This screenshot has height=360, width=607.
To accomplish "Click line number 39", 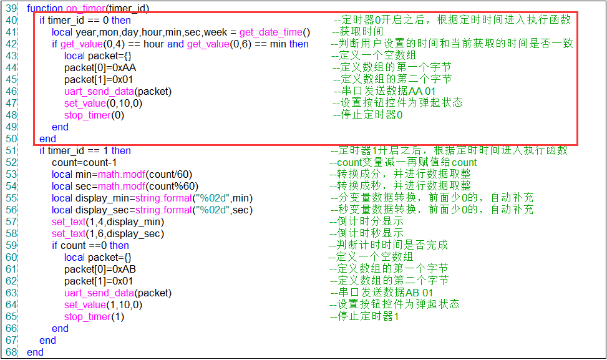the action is (x=11, y=8).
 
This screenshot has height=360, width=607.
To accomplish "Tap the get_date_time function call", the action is (x=275, y=32).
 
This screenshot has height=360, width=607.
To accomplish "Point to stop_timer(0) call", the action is (x=94, y=115).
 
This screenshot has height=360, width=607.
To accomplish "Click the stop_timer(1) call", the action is (x=94, y=317).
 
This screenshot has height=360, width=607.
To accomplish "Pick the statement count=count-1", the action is (x=84, y=163).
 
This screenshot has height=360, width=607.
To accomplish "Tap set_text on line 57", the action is (x=69, y=222).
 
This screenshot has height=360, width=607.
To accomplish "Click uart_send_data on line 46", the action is (x=99, y=92).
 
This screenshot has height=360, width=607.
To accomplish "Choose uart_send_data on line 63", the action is (x=99, y=293).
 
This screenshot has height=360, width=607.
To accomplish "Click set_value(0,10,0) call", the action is (x=104, y=104).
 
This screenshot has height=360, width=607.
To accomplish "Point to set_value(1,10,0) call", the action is (x=104, y=305).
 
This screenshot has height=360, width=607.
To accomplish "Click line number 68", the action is (x=11, y=353).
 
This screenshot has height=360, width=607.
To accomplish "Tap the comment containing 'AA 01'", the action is (x=384, y=91).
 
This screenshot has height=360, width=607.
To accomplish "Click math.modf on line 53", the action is (x=122, y=175).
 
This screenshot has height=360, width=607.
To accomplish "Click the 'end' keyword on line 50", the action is (x=47, y=139).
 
